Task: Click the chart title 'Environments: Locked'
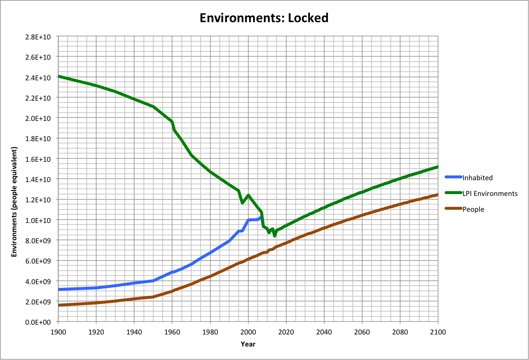(264, 18)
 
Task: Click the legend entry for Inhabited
(477, 178)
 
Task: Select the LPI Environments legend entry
(490, 194)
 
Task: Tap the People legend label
(473, 209)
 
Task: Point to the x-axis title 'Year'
(248, 344)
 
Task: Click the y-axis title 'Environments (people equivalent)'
(14, 202)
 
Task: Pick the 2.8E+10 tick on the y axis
(38, 37)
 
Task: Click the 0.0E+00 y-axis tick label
(38, 322)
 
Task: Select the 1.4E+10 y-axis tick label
(38, 179)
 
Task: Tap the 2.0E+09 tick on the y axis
(38, 302)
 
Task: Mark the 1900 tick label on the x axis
(58, 332)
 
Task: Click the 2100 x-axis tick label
(438, 332)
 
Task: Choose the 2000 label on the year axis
(248, 332)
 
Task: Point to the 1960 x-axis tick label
(172, 332)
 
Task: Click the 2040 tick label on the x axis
(324, 332)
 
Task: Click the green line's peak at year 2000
(248, 195)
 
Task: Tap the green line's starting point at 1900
(59, 77)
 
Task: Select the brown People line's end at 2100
(438, 194)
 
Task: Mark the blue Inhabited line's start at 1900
(59, 289)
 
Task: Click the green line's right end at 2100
(438, 167)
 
